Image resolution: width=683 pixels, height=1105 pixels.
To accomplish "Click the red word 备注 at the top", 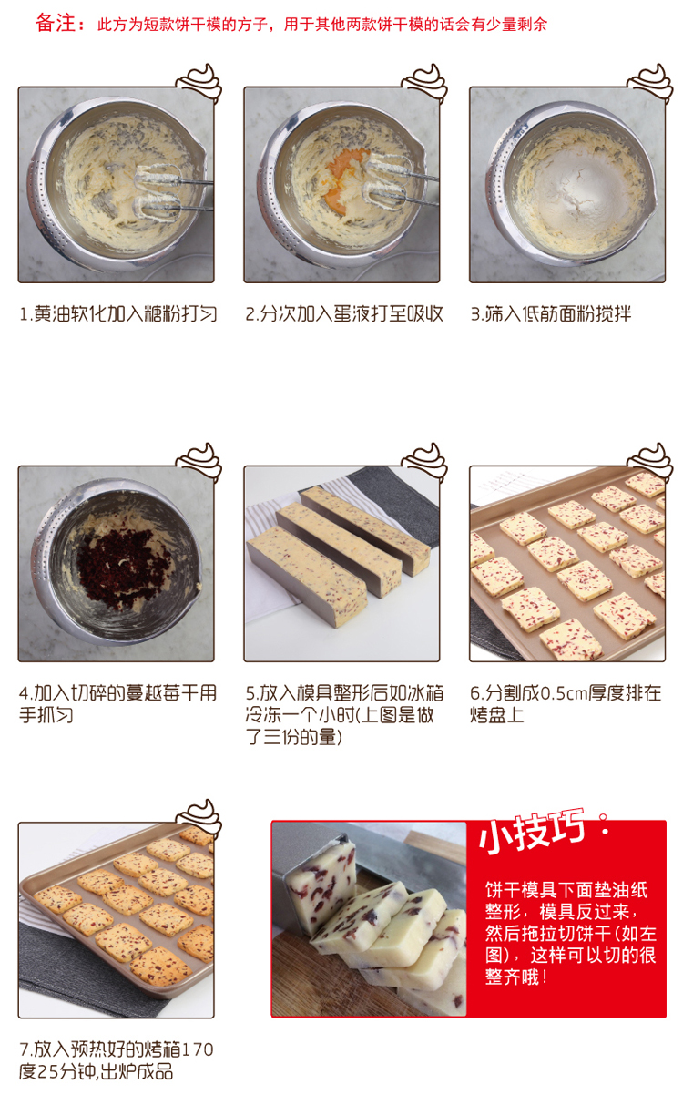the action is (x=56, y=23).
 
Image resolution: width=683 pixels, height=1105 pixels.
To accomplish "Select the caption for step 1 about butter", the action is (x=117, y=314).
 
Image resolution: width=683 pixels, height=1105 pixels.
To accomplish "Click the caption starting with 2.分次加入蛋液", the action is (x=344, y=314).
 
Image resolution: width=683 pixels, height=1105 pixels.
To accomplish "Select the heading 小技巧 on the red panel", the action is (x=532, y=834).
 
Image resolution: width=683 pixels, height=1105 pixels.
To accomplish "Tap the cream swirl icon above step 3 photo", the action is (x=650, y=82).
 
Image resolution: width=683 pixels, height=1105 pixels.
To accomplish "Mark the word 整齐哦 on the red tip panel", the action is (x=513, y=977).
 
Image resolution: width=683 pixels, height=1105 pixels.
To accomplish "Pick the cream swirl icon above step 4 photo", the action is (x=199, y=462).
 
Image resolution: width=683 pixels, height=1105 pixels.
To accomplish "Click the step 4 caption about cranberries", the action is (x=117, y=704).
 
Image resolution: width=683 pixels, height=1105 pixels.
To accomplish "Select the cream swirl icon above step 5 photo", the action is (x=424, y=462).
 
